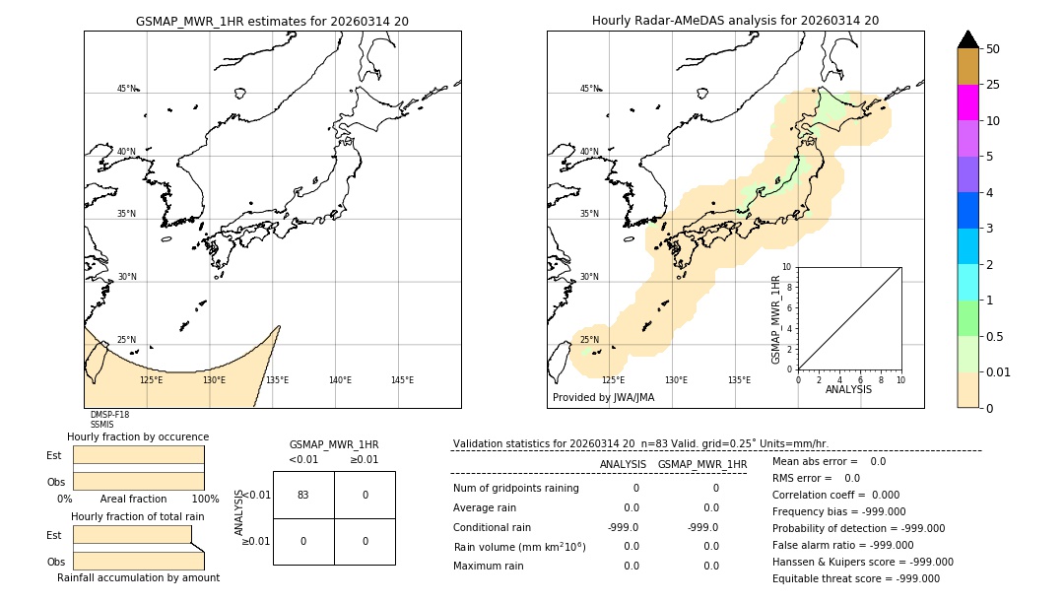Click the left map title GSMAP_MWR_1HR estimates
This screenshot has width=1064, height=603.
272,21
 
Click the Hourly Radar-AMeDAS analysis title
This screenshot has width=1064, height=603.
735,21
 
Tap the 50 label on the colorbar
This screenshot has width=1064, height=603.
993,49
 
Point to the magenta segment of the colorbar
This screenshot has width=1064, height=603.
968,102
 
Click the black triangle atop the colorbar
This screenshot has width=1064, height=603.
968,39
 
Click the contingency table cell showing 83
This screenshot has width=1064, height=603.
303,495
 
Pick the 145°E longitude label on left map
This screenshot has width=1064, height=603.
402,380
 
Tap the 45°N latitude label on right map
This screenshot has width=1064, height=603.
589,89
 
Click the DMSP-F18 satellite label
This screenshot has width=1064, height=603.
109,415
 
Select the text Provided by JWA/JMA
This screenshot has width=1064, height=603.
603,398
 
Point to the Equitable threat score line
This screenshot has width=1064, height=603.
855,578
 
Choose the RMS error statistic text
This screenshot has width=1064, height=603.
816,478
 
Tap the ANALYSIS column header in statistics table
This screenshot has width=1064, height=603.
623,464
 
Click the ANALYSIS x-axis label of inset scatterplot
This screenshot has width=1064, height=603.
848,389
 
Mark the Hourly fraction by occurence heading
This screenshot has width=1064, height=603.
138,436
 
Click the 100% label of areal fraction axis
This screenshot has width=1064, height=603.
204,500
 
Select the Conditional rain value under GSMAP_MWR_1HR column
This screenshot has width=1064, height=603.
702,527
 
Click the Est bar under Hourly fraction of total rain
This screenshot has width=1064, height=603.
132,534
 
